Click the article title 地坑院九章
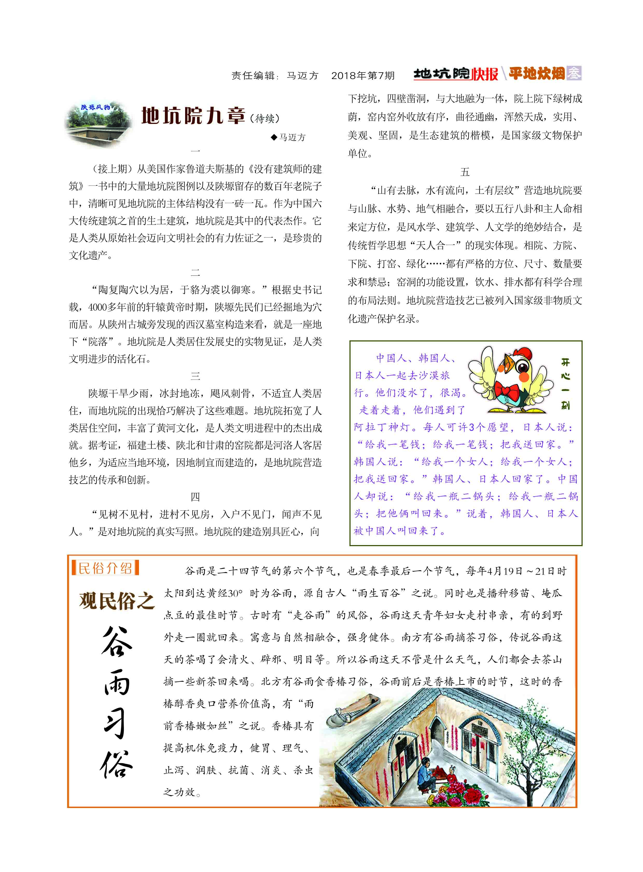pos(193,116)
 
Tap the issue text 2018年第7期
pos(363,75)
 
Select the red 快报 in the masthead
pos(485,74)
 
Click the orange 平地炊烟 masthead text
pos(536,73)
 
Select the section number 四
pos(195,497)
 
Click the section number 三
pos(195,376)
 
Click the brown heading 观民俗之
pos(117,601)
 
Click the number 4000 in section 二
pos(97,307)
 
